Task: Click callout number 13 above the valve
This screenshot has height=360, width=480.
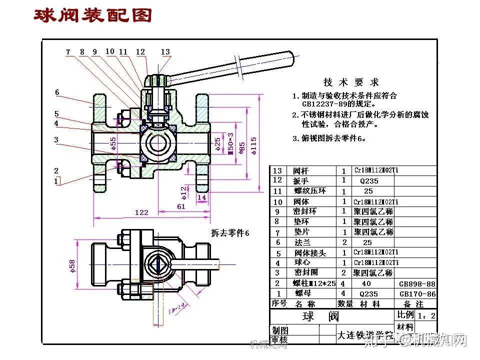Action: [165, 52]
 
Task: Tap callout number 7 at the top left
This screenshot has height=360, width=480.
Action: [68, 51]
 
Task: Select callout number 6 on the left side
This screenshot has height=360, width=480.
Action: [57, 92]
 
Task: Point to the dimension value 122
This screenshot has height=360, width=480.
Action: [141, 212]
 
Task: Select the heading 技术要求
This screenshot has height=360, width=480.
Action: [351, 82]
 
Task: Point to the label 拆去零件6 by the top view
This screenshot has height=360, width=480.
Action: [229, 233]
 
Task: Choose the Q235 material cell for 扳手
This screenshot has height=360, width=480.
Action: [369, 180]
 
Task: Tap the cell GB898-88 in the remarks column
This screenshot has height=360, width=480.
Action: [417, 283]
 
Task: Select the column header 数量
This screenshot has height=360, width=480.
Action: [345, 303]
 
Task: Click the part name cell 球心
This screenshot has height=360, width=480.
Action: [301, 262]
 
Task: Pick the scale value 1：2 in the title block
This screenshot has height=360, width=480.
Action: [426, 315]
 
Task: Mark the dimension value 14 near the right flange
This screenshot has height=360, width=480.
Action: [202, 197]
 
